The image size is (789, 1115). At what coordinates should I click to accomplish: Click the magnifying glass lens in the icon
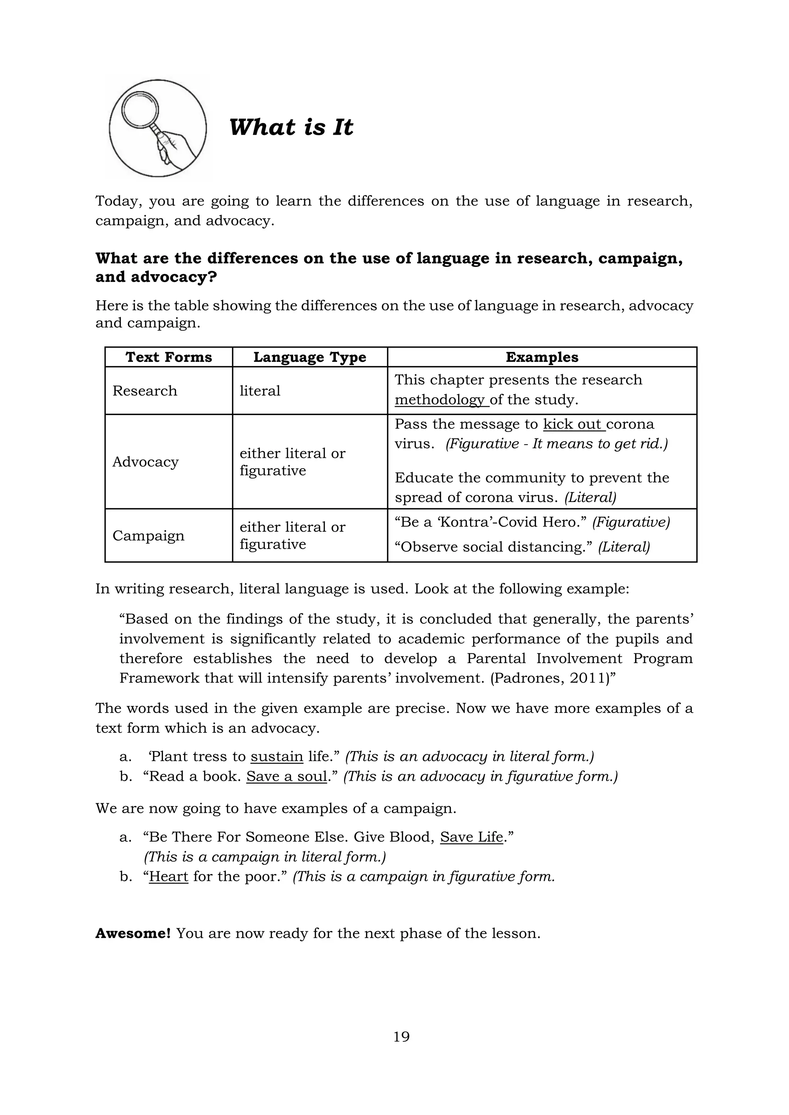click(140, 109)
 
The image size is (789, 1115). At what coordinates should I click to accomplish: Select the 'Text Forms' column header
click(169, 357)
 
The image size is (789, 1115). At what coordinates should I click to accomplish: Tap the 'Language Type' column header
click(309, 357)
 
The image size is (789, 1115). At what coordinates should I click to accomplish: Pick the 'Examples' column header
click(542, 357)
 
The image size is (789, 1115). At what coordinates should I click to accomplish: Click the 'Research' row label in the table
click(145, 391)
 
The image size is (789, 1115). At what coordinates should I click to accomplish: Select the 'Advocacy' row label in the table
click(145, 462)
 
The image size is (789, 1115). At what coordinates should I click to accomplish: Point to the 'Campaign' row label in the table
click(148, 536)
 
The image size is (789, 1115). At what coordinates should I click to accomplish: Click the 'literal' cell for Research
click(260, 391)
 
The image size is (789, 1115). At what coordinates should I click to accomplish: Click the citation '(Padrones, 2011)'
click(549, 678)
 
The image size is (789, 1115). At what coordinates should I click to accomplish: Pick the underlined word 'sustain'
click(277, 757)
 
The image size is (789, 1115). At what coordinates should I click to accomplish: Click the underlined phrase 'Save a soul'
click(286, 777)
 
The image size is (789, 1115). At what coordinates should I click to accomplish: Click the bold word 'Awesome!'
click(133, 933)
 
